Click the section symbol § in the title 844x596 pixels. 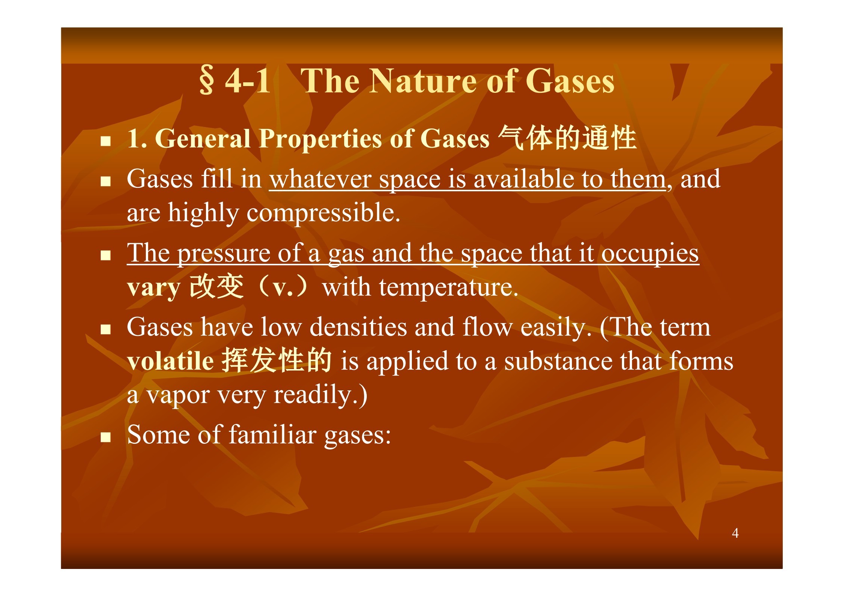click(207, 80)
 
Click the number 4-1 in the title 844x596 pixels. click(248, 81)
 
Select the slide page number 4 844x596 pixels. click(735, 533)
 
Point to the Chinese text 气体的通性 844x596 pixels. click(567, 138)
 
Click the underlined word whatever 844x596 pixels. click(320, 179)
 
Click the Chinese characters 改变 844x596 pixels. click(216, 286)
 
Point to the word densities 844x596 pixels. click(358, 327)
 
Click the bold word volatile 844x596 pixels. click(171, 361)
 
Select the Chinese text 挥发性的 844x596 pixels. click(276, 360)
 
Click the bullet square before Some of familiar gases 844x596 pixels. click(106, 437)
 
